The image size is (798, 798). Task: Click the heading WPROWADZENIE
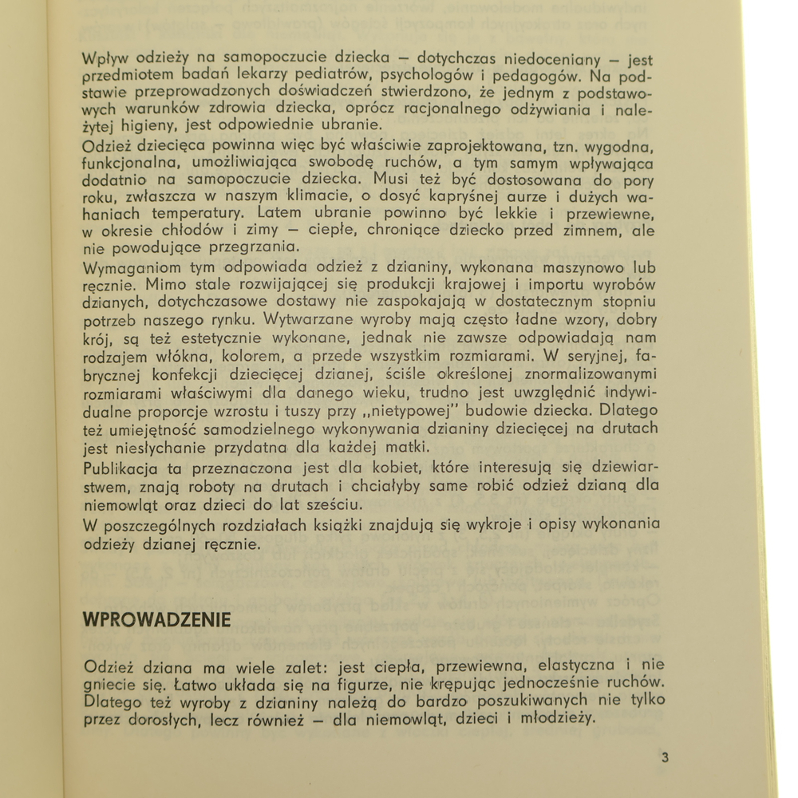coord(157,619)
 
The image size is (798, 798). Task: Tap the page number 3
coord(665,757)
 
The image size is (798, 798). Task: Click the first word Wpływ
coord(106,59)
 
